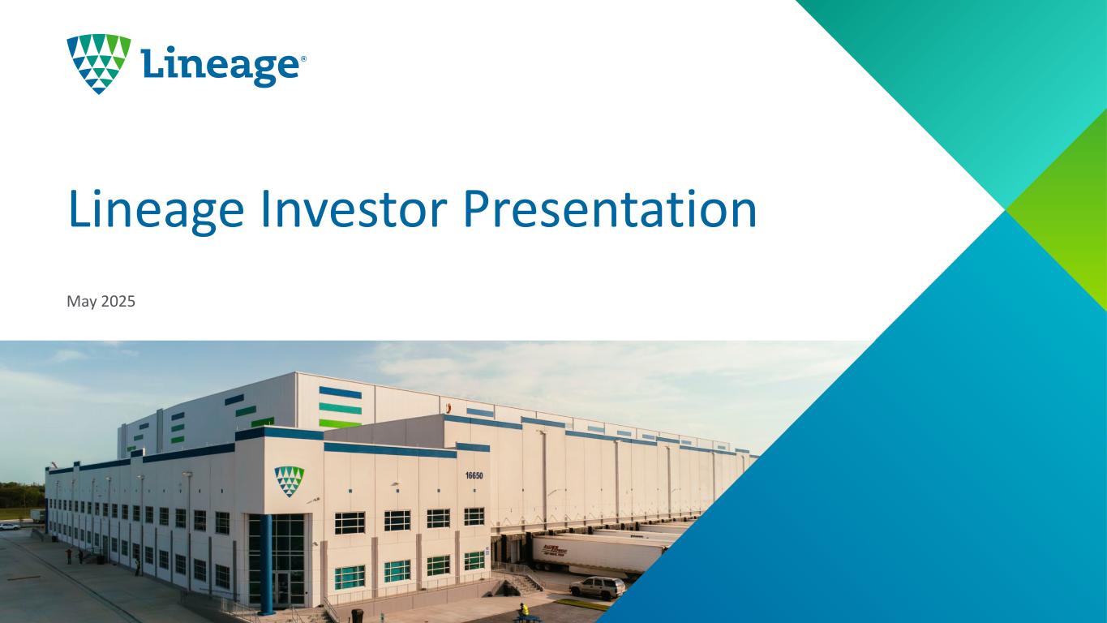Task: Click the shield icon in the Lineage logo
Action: pos(99,63)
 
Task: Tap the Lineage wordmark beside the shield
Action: pos(220,67)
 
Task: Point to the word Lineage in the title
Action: pos(157,212)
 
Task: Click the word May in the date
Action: pos(82,302)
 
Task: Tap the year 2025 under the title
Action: pos(118,301)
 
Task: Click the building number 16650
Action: pos(474,475)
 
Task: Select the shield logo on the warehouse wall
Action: pos(289,481)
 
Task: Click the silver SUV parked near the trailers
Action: pos(597,587)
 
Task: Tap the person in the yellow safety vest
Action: pos(522,610)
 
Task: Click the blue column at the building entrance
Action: pos(266,564)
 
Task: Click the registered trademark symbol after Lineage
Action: pos(303,59)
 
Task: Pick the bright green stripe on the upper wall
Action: pos(340,423)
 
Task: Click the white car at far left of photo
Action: pos(9,527)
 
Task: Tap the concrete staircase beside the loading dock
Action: pos(524,582)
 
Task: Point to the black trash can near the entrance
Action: pos(358,616)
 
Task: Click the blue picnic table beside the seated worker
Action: pos(529,618)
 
